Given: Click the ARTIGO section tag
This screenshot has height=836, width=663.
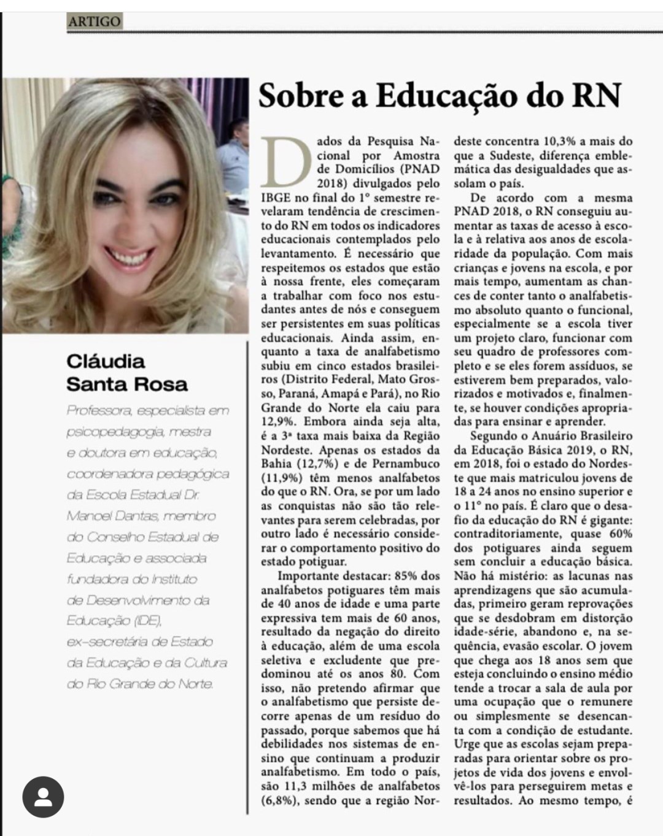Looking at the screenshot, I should (x=95, y=21).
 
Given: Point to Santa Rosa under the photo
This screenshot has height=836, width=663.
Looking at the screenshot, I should (x=127, y=385).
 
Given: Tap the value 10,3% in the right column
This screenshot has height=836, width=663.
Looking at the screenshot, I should (x=550, y=142).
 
